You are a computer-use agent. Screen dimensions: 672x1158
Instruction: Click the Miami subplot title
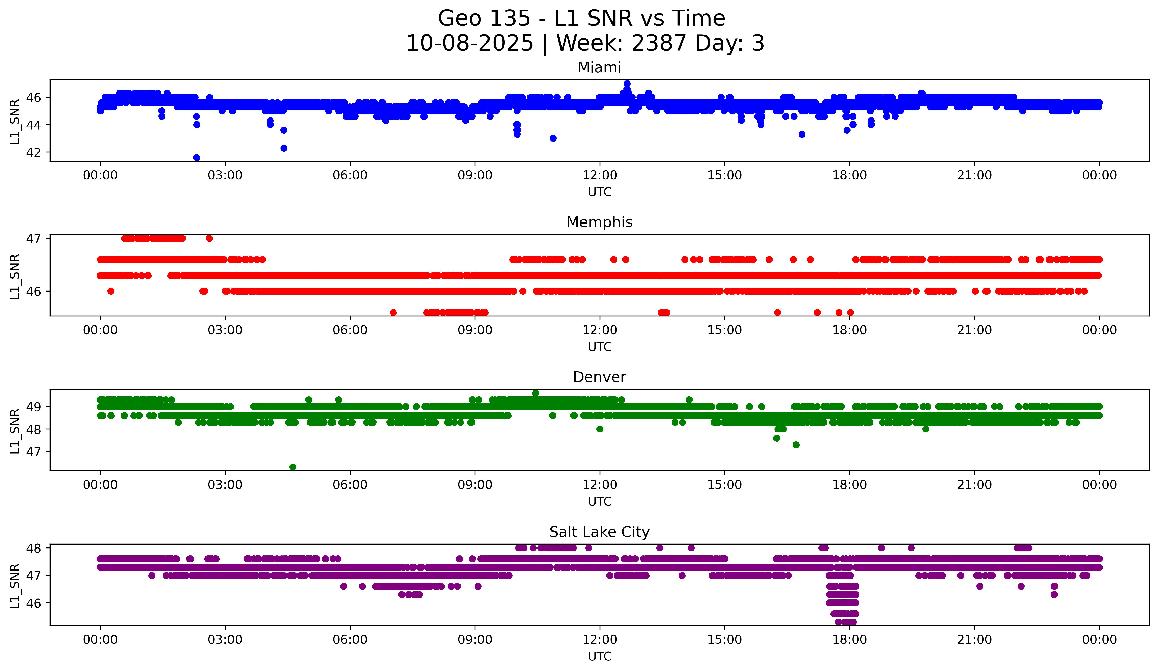[599, 68]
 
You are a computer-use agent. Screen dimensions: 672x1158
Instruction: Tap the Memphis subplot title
[599, 222]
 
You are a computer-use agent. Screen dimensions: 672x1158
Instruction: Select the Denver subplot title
[599, 377]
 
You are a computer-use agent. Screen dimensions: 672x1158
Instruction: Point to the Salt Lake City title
[599, 532]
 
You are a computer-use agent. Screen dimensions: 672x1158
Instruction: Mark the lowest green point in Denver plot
[293, 467]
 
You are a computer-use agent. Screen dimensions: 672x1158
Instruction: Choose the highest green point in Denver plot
[535, 393]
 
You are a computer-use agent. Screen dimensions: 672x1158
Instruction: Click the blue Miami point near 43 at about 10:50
[553, 138]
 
